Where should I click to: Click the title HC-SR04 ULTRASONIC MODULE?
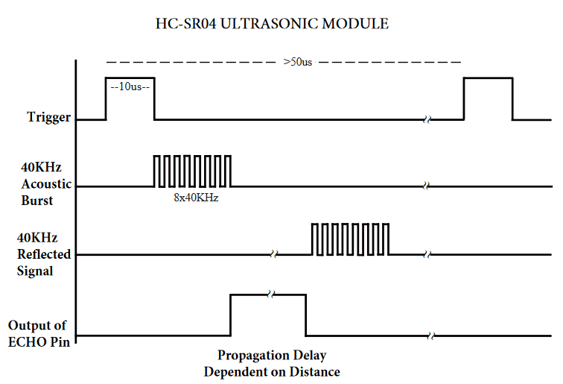[x=272, y=24]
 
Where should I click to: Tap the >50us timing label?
[x=298, y=62]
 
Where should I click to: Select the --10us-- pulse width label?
[x=130, y=86]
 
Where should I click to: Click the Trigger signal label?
[x=49, y=117]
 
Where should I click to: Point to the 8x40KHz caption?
[x=196, y=198]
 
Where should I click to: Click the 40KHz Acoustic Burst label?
[x=46, y=183]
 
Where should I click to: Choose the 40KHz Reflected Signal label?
[x=44, y=254]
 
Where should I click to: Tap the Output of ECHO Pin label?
[x=39, y=333]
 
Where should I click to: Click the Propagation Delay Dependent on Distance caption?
[x=272, y=363]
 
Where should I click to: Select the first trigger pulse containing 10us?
[x=130, y=78]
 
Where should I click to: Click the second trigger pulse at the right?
[x=488, y=78]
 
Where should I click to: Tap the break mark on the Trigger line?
[x=427, y=120]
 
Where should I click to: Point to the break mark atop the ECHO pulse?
[x=271, y=295]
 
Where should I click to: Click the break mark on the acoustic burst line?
[x=427, y=186]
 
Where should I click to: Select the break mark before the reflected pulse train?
[x=274, y=254]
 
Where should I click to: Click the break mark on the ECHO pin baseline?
[x=432, y=336]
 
